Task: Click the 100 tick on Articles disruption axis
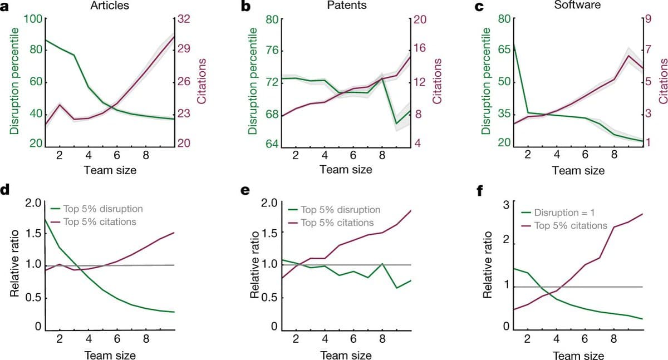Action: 33,18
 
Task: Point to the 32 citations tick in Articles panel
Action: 184,18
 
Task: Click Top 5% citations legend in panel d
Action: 100,222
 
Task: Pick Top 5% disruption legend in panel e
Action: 340,210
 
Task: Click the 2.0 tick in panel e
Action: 269,202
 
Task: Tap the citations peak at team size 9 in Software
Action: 628,56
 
